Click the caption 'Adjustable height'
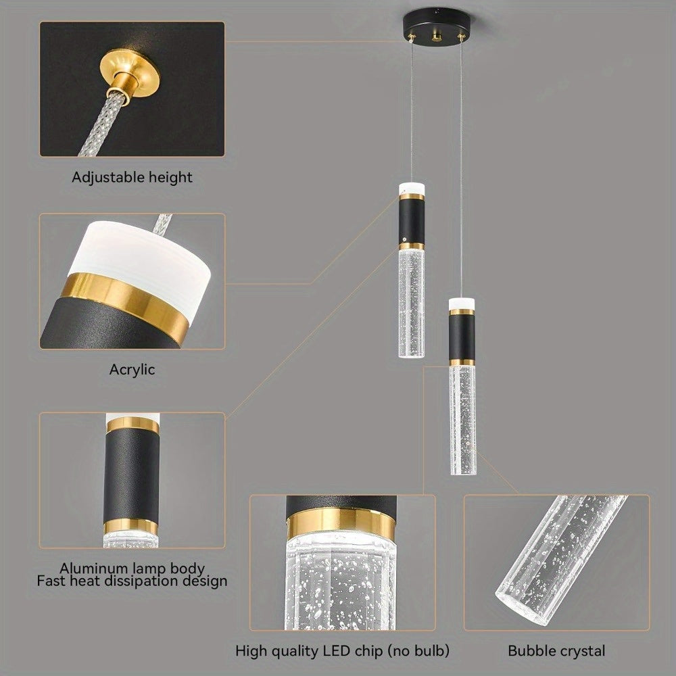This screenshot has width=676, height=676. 132,178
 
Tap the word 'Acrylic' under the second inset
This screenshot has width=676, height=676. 132,370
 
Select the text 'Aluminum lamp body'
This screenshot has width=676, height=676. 132,569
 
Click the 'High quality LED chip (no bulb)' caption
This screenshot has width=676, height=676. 343,652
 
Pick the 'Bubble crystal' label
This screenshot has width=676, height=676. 557,652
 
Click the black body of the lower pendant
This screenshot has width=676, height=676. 462,337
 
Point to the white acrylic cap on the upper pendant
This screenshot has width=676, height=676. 411,187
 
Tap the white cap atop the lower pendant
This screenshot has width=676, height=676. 462,303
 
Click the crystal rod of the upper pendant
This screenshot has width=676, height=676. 411,301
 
